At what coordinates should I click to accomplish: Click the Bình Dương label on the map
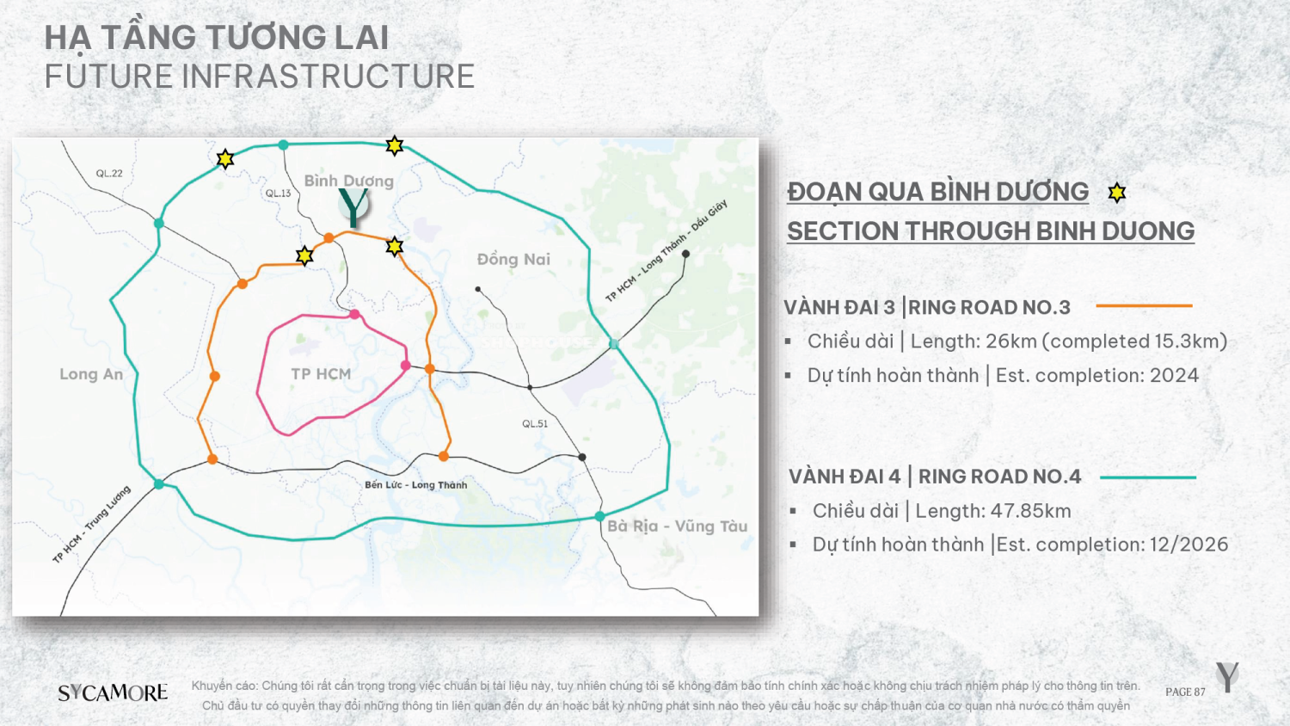coord(349,181)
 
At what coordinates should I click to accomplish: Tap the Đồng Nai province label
coord(513,259)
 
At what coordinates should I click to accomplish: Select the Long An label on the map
coord(91,374)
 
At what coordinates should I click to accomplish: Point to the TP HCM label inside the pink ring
coord(321,374)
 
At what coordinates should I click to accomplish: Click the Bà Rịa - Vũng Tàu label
coord(678,526)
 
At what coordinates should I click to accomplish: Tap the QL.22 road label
coord(109,174)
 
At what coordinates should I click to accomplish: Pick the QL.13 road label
coord(278,193)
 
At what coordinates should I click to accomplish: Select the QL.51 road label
coord(535,423)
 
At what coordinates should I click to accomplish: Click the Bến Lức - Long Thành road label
coord(415,484)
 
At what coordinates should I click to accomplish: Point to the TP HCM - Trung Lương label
coord(91,525)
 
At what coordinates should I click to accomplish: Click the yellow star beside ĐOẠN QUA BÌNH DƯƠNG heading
coord(1116,193)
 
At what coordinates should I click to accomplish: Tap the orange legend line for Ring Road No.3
coord(1144,305)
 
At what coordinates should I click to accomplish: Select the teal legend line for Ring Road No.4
coord(1148,477)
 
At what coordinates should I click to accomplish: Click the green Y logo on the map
coord(353,206)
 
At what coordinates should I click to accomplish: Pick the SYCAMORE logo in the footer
coord(113,692)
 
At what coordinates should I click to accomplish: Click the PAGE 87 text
coord(1185,692)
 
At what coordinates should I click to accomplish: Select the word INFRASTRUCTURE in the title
coord(329,77)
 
